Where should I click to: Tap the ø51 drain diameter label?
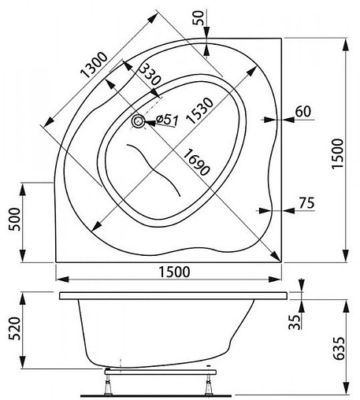click(167, 119)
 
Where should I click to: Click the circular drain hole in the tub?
click(139, 121)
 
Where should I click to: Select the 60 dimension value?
click(302, 111)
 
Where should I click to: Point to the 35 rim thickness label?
click(294, 323)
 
